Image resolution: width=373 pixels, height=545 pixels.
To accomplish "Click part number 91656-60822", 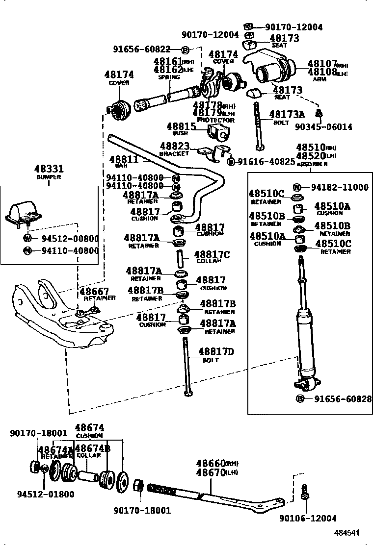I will pos(141,49).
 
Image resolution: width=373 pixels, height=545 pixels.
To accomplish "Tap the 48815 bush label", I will pos(181,126).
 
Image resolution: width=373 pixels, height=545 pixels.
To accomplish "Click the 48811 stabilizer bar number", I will pos(123,159).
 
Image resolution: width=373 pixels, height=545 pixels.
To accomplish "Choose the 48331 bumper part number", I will pos(49,169).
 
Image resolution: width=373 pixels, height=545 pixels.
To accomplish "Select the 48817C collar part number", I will pos(212,254).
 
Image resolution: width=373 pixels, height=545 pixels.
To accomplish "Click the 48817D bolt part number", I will pos(216,351).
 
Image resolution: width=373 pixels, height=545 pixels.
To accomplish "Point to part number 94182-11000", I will pos(339,187).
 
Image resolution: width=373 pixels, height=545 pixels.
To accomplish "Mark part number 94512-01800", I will pos(46,494).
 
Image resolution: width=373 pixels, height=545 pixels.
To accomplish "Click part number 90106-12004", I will pos(308,519).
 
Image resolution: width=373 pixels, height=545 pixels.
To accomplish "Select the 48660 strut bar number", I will pos(211,464).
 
